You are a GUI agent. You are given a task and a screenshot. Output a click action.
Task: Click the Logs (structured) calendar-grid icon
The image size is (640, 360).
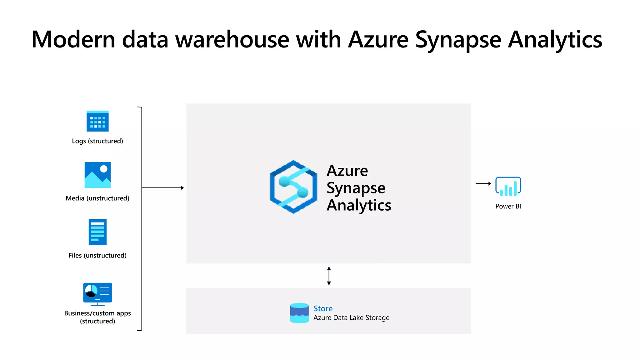click(x=97, y=121)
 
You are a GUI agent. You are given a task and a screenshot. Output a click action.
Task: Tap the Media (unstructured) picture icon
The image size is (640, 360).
click(x=97, y=175)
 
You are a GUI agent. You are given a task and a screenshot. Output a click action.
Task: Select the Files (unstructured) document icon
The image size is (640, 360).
click(x=97, y=232)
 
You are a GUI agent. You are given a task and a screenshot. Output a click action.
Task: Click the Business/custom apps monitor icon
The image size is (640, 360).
click(x=97, y=293)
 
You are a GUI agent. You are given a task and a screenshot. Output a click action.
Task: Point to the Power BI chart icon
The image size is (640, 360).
click(x=508, y=187)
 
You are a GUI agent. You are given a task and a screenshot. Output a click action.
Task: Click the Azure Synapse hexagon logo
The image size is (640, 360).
click(x=293, y=187)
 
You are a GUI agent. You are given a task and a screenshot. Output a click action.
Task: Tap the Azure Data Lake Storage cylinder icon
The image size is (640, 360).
click(x=299, y=313)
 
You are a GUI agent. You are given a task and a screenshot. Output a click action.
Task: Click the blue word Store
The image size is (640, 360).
click(x=323, y=308)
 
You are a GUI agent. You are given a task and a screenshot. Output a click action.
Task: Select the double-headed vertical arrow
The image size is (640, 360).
click(x=329, y=276)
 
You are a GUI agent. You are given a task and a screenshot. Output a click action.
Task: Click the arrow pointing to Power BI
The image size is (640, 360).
click(x=483, y=184)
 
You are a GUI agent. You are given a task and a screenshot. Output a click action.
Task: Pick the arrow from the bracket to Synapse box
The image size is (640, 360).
click(x=162, y=188)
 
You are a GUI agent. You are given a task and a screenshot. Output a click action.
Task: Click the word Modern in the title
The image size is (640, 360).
click(x=73, y=40)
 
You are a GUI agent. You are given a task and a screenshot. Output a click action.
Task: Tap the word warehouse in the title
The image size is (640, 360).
click(x=232, y=40)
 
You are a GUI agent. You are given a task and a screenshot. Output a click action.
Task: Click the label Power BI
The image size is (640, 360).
click(x=508, y=206)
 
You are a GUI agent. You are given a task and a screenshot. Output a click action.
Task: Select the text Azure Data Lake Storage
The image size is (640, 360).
click(x=351, y=318)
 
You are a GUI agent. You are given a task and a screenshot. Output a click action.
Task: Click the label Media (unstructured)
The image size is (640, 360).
click(x=97, y=198)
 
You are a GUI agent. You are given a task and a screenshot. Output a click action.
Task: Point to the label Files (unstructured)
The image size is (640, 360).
click(x=97, y=255)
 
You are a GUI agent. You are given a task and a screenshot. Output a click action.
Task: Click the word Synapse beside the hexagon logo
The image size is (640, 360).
click(x=356, y=188)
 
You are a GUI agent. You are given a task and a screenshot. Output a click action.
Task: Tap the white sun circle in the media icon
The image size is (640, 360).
click(x=104, y=169)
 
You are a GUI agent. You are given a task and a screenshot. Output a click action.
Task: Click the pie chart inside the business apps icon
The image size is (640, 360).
click(x=91, y=291)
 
